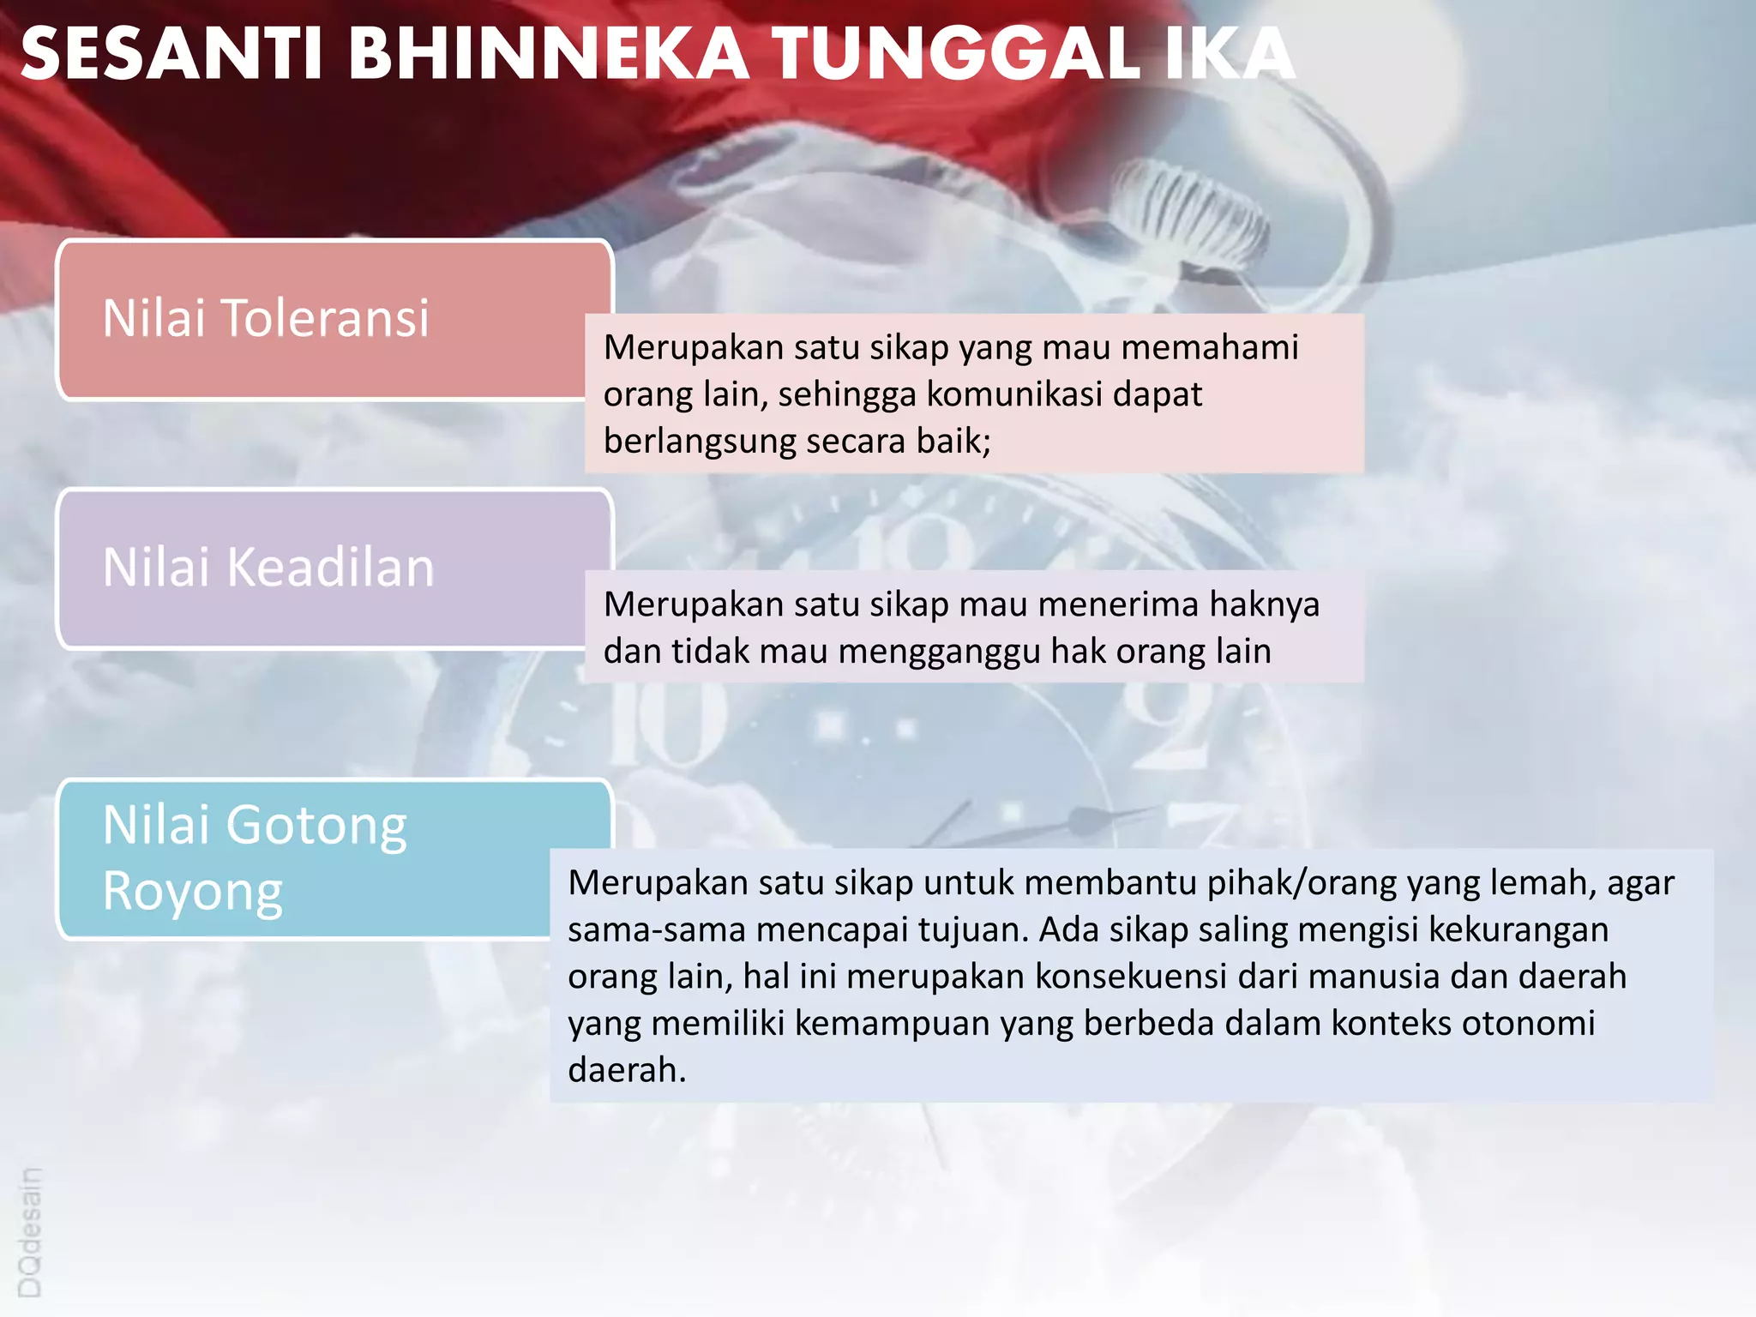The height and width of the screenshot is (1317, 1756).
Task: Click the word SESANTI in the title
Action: [x=171, y=54]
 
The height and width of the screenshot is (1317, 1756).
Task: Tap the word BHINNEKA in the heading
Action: [x=548, y=54]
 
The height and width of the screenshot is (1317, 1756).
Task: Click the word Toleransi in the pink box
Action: [x=325, y=318]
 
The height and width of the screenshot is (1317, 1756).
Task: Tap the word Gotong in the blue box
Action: [x=316, y=826]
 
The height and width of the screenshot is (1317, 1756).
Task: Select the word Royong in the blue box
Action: [x=192, y=893]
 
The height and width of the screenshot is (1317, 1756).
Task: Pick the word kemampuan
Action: [x=888, y=1024]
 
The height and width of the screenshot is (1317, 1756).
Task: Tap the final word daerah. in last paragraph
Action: [x=627, y=1070]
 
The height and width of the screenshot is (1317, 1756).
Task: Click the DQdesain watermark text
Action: [x=29, y=1232]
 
